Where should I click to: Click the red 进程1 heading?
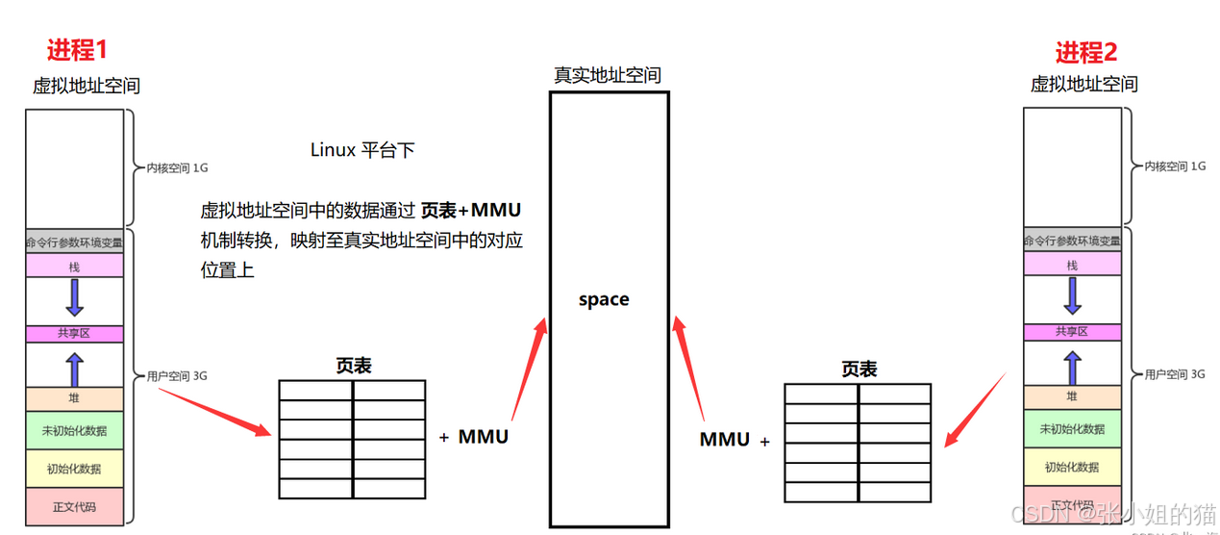point(90,51)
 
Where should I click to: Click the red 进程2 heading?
point(1086,52)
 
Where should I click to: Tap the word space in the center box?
point(604,299)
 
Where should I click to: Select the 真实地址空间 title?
point(607,75)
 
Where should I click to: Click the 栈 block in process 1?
point(75,266)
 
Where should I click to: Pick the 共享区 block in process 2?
point(1072,331)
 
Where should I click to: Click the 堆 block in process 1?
point(75,397)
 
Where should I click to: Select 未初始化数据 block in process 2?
point(1072,429)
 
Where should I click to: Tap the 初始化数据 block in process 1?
point(75,469)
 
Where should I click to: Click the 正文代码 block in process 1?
point(75,506)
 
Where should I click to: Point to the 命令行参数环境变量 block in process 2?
point(1072,241)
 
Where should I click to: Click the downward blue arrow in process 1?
point(75,298)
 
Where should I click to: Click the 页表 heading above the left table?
point(353,366)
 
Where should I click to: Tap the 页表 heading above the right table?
point(859,369)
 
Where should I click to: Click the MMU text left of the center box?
point(483,437)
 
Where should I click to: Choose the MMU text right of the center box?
point(725,440)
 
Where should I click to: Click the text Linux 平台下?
point(362,150)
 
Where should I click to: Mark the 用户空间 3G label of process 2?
point(1170,374)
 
